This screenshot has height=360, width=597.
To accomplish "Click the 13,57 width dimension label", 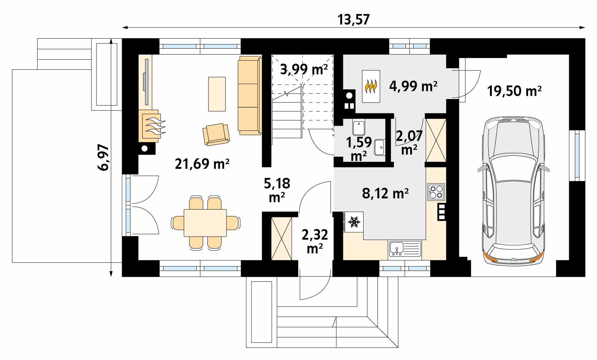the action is [353, 20].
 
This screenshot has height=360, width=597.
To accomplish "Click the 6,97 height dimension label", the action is [103, 157].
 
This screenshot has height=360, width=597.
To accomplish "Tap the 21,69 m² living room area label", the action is [202, 164].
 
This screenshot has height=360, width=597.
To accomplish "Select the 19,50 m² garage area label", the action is [514, 91].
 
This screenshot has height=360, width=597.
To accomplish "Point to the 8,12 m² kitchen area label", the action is [385, 193].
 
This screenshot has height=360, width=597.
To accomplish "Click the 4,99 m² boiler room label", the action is [413, 86].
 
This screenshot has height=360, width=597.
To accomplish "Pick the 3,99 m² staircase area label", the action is [304, 69].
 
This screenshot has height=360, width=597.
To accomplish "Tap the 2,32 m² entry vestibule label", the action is [315, 241].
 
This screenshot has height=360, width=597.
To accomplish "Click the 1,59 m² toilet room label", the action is [359, 149].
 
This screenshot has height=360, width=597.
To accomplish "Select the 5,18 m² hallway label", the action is [277, 190].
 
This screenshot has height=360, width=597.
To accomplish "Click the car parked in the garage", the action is [513, 191].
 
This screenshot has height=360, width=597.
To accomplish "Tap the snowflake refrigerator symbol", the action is [354, 222].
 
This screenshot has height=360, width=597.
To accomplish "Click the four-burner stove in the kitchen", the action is [436, 192].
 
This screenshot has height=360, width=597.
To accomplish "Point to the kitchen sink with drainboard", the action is [405, 249].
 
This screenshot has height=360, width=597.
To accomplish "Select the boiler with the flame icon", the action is [371, 86].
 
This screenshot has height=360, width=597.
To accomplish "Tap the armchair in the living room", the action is [216, 134].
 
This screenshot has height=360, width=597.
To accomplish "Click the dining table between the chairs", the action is [205, 223].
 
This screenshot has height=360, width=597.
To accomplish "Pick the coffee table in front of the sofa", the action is [217, 94].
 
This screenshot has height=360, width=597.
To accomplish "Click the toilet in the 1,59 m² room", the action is [359, 128].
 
